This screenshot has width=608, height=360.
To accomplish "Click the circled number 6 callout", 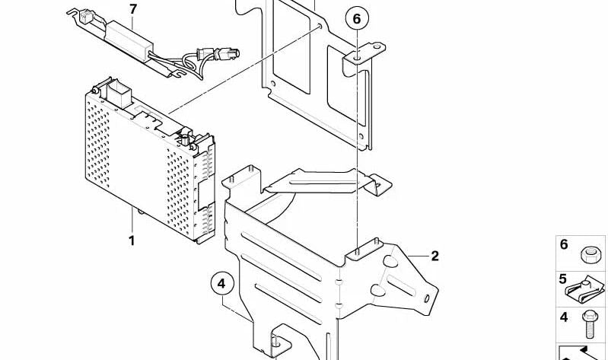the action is coord(357,18).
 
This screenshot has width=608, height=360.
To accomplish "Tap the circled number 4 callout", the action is coord(222,285).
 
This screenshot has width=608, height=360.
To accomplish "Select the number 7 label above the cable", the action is coord(133,9).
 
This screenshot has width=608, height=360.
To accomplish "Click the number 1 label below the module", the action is coord(132,241).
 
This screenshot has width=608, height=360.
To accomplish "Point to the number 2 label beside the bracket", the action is coord(435,256).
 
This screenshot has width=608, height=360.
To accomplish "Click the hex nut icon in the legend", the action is coord(590,255).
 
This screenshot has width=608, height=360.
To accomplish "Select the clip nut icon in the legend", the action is coord(584,289).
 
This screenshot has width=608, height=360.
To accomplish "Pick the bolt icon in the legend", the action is coord(590,324).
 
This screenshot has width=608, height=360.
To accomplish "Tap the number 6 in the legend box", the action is coord(564,245).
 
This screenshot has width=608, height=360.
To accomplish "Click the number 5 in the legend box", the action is coord(562,279).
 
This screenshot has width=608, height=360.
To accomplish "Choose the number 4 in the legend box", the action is coord(564,317).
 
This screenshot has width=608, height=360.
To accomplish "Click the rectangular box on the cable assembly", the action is coord(129,41).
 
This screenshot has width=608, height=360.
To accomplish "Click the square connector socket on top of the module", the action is coord(119,94).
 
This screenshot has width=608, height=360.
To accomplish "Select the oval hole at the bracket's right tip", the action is coord(427,298).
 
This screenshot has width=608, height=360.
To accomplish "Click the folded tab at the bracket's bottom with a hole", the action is coord(276,342).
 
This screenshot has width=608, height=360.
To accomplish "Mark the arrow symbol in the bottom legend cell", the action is coord(581,353).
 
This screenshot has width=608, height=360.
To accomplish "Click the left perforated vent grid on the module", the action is coord(97,145).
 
